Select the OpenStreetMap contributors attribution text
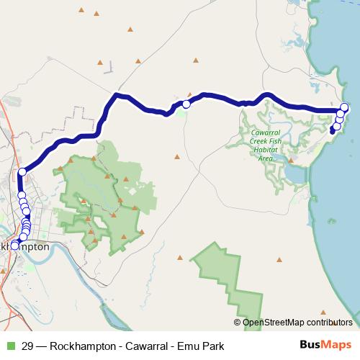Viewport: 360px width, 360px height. [x=297, y=323]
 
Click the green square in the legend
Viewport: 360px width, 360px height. [x=9, y=346]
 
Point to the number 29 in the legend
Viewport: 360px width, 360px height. [x=27, y=346]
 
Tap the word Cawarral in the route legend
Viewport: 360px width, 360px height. [x=148, y=346]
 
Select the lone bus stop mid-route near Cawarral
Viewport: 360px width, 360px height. [x=186, y=104]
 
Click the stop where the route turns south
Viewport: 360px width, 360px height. [x=22, y=171]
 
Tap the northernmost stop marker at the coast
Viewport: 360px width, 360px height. [x=344, y=108]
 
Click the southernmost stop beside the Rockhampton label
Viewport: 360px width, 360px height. [x=14, y=246]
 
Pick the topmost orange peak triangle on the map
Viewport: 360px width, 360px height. [x=81, y=10]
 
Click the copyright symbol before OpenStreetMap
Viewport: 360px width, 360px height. [x=238, y=323]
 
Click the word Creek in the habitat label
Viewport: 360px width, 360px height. [x=258, y=142]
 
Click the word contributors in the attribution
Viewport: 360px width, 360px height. [x=328, y=323]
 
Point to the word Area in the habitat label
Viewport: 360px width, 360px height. [x=266, y=158]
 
